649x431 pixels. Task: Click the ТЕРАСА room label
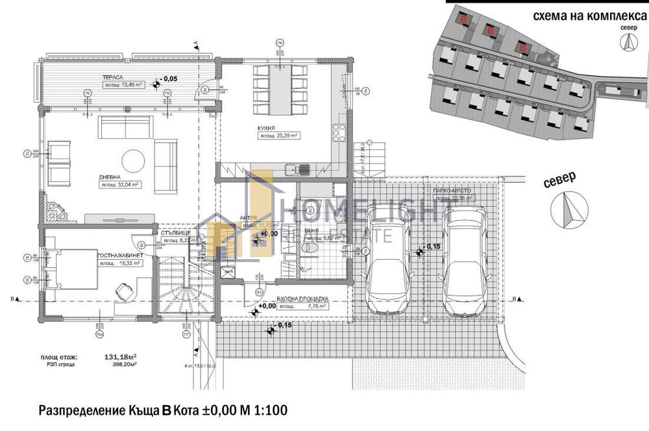pyautogui.click(x=104, y=77)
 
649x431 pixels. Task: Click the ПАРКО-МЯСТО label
pyautogui.click(x=446, y=192)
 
